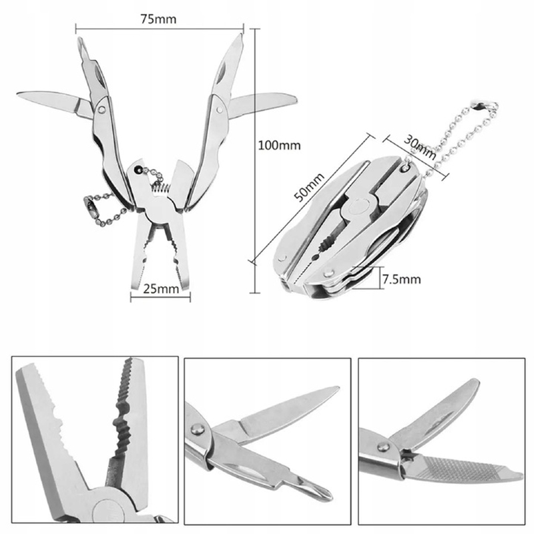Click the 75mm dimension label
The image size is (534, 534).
(x=159, y=19)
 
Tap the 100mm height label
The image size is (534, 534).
(x=279, y=146)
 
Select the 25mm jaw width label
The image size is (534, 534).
(x=161, y=289)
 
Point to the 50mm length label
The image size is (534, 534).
(x=309, y=188)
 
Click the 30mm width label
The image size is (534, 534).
(x=420, y=147)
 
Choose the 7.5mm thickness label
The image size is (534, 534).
(x=402, y=279)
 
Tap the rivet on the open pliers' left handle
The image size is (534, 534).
(x=101, y=109)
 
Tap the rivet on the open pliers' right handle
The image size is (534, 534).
(x=220, y=109)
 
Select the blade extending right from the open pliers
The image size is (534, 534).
(x=262, y=104)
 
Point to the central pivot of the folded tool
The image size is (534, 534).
(x=358, y=208)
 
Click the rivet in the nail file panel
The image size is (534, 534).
(x=383, y=446)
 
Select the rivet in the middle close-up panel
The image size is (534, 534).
(x=196, y=429)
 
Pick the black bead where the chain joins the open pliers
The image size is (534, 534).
(x=138, y=169)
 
